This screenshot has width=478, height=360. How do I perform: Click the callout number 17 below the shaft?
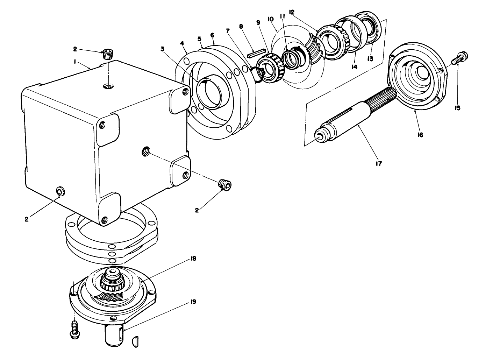click(379, 163)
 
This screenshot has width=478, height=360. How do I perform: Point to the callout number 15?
click(457, 108)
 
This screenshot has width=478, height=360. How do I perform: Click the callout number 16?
click(420, 135)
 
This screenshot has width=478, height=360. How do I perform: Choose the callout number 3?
click(162, 49)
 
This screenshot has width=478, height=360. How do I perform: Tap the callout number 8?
click(241, 27)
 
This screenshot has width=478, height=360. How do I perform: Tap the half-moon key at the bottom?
click(136, 341)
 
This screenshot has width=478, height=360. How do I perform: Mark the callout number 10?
click(270, 19)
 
